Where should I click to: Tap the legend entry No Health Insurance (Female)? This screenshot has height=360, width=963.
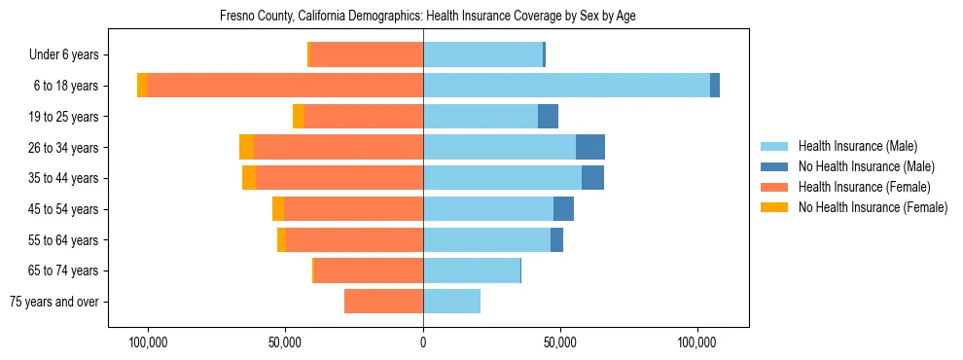872,207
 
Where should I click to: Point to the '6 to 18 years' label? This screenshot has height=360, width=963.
65,86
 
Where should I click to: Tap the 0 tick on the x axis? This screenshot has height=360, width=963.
423,342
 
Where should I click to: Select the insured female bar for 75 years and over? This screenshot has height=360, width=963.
383,302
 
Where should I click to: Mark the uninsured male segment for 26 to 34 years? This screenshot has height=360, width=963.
590,147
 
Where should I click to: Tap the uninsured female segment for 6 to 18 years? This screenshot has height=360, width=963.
142,86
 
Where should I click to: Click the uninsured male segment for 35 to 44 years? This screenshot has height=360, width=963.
592,178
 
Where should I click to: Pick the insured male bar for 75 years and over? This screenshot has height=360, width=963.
451,302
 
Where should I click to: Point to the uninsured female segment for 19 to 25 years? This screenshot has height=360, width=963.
299,117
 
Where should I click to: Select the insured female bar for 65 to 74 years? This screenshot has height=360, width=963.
369,270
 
